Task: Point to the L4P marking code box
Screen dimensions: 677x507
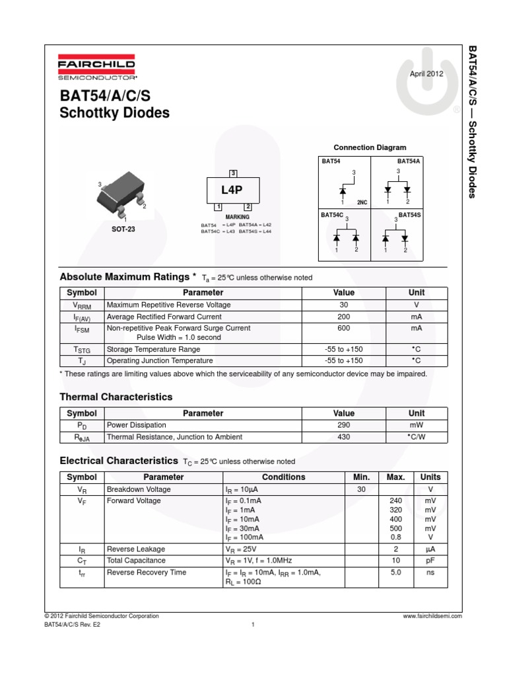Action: (x=232, y=191)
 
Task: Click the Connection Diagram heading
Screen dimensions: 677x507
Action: (x=370, y=147)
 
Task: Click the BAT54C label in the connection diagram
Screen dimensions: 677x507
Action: (x=332, y=216)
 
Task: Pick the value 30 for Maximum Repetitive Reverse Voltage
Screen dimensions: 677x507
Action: (x=344, y=305)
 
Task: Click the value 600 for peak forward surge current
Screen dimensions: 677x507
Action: (x=344, y=328)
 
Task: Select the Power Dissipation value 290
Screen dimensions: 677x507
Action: (x=344, y=425)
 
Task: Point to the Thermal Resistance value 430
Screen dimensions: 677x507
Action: (x=344, y=437)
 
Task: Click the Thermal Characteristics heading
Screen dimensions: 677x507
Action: (x=116, y=397)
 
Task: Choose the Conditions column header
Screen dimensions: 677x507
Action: (x=284, y=477)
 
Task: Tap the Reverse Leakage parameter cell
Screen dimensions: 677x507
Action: (x=136, y=549)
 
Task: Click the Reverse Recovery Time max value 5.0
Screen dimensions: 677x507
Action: (x=395, y=573)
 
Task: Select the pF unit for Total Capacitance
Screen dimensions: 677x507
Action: (x=430, y=561)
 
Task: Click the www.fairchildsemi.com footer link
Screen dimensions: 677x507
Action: (x=431, y=616)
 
